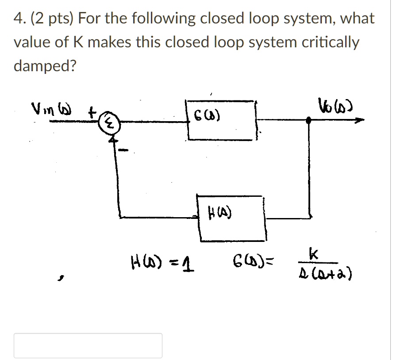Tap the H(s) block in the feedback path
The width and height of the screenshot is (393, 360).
coord(231,218)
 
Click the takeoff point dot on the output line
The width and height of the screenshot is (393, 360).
coord(309,120)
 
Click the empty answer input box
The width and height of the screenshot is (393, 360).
coord(88,345)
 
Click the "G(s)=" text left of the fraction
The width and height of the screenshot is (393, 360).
coord(253,265)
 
